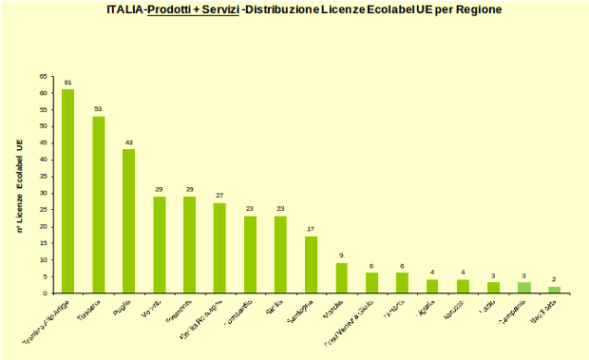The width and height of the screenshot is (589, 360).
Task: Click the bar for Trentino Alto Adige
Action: [67, 191]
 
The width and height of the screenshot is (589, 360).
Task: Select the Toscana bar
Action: [98, 204]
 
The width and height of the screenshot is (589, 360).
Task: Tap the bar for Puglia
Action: [128, 220]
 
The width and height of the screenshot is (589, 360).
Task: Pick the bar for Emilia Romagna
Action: [219, 247]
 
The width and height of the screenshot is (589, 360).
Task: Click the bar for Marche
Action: [341, 277]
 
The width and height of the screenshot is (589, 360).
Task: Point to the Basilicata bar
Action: [554, 289]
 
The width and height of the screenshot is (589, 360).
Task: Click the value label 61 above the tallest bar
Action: [67, 83]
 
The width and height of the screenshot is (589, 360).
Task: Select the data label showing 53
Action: [98, 109]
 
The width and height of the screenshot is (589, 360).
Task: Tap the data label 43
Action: [128, 142]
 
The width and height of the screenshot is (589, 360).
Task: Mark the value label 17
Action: [311, 229]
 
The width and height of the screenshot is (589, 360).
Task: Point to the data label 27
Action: [219, 196]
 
